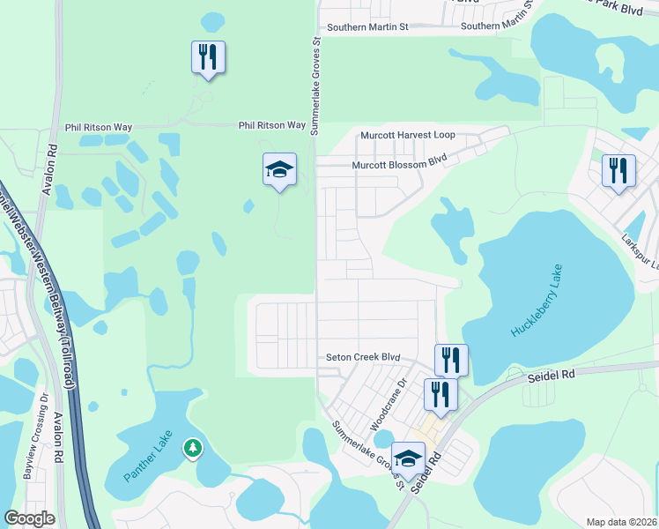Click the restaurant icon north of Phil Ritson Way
[208, 58]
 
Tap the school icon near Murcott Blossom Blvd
[279, 170]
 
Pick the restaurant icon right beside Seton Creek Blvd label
[451, 360]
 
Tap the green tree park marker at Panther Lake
[192, 449]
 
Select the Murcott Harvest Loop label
[408, 135]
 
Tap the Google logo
[29, 518]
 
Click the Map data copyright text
[621, 522]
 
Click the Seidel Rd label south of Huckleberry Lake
[551, 375]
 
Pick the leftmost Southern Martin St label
[367, 27]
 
